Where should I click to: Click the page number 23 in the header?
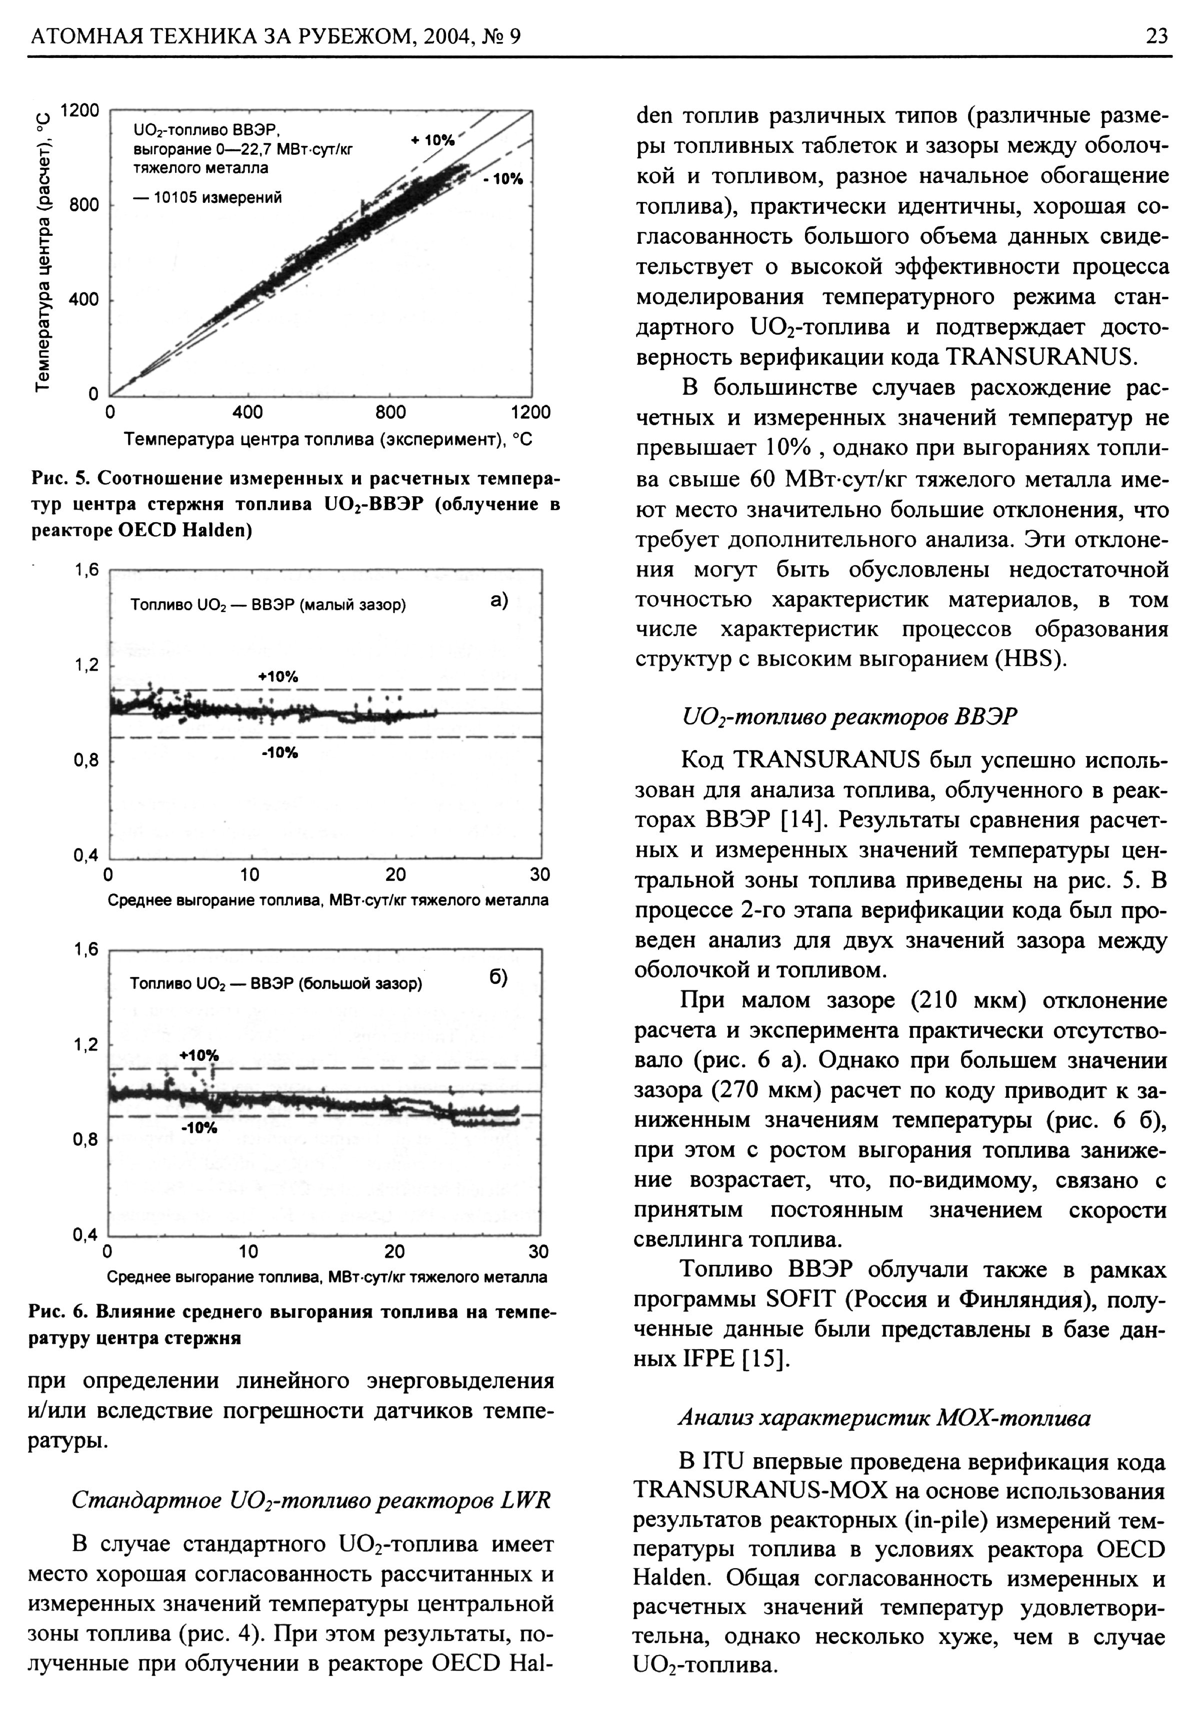1156,35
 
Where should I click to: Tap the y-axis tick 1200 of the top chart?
79,110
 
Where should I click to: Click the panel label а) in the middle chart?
499,600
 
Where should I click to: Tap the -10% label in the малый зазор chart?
279,753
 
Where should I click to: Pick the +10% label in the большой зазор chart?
199,1055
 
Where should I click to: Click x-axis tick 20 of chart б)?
394,1252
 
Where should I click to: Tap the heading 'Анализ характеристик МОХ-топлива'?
883,1418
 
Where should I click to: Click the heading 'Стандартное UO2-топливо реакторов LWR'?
310,1500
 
